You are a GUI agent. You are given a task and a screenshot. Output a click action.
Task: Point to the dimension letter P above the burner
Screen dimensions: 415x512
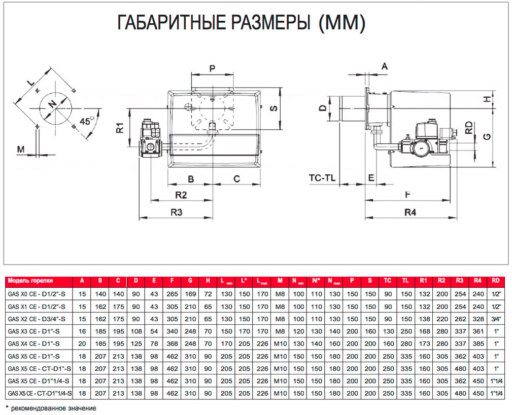[x=212, y=69]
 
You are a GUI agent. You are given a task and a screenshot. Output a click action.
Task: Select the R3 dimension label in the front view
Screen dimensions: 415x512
[x=176, y=212]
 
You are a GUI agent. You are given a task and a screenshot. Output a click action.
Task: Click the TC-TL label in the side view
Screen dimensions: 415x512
[x=323, y=178]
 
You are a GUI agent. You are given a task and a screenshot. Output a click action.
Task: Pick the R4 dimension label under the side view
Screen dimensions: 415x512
[x=410, y=212]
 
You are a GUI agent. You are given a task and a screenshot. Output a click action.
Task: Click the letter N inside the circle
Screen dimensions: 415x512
[x=52, y=104]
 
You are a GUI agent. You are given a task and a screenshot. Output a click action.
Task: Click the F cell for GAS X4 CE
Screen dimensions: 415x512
[x=174, y=344]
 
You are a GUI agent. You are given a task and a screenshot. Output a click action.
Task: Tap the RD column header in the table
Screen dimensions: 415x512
[x=495, y=281]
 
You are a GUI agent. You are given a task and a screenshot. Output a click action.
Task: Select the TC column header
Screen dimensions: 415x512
[x=388, y=281]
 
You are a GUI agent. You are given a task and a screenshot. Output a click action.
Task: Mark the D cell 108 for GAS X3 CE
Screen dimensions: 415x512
[x=135, y=331]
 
